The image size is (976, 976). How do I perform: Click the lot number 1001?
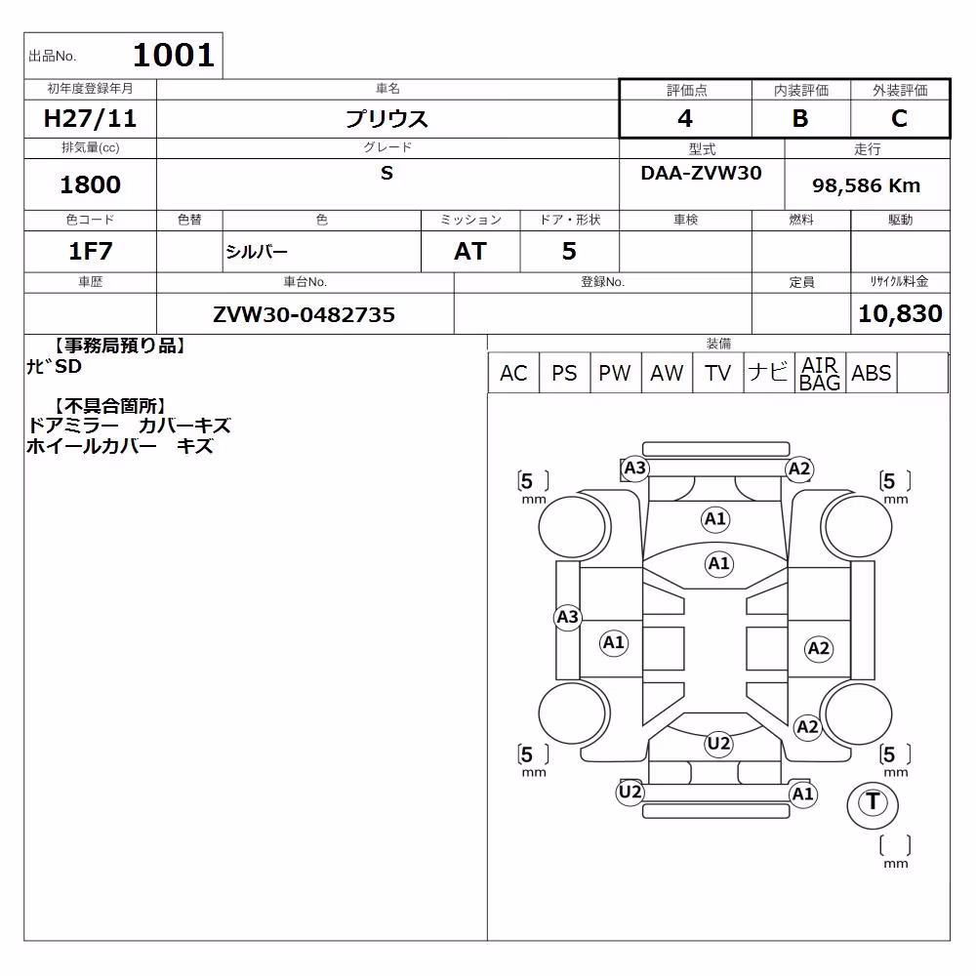(174, 55)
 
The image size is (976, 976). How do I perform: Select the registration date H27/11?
(90, 118)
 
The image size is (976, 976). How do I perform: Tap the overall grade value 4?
(685, 118)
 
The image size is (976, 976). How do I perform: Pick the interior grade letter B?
(800, 118)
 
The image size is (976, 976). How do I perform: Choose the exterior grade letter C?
(900, 118)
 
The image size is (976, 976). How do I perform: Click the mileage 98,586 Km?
(867, 185)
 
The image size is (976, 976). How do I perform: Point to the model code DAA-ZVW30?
(702, 173)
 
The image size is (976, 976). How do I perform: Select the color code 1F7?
(90, 251)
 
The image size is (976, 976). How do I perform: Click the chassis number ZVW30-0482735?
(305, 314)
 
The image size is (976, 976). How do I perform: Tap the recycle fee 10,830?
(900, 313)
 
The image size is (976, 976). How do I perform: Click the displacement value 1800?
(90, 184)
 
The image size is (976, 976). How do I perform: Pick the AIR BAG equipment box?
(821, 373)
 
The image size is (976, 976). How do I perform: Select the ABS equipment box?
(872, 373)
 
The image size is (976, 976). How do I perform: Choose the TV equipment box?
(717, 373)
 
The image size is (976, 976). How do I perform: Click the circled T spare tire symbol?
(873, 803)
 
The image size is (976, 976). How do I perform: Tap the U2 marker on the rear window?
(719, 743)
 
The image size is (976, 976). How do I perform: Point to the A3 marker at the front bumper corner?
(635, 468)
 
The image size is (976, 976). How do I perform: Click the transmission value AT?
(470, 251)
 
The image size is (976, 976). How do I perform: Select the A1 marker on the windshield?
(719, 564)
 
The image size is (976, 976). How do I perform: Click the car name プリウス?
(387, 118)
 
